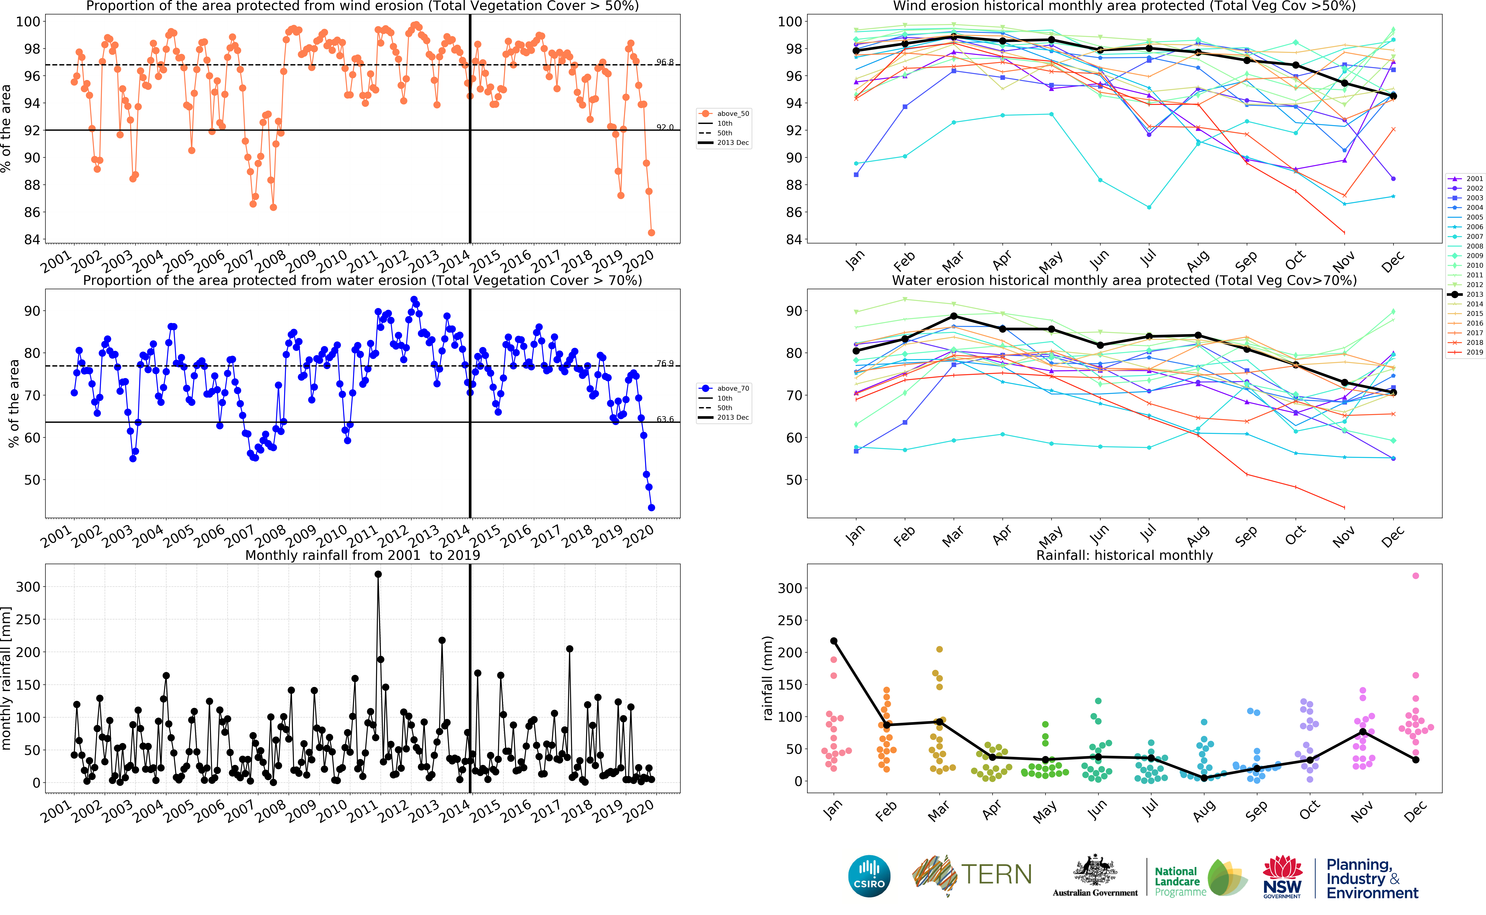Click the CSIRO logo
pyautogui.click(x=869, y=876)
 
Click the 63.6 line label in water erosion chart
pyautogui.click(x=665, y=419)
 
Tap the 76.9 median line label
pyautogui.click(x=665, y=363)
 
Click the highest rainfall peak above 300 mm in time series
pyautogui.click(x=378, y=574)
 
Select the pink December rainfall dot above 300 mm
pyautogui.click(x=1415, y=576)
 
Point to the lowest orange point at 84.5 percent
pyautogui.click(x=651, y=232)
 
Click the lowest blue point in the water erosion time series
pyautogui.click(x=651, y=508)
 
